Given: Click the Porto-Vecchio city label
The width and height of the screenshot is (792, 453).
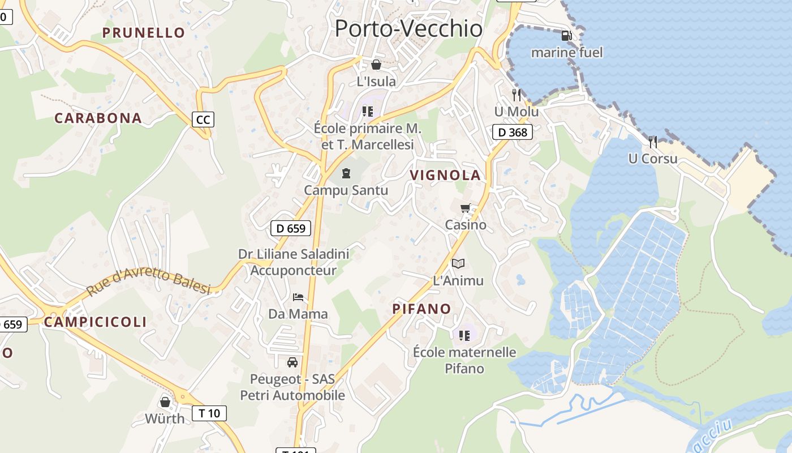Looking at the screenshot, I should tap(408, 28).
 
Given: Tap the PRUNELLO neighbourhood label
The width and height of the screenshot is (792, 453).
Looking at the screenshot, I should tap(144, 33).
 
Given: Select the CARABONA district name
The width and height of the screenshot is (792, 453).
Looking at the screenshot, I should tap(98, 118).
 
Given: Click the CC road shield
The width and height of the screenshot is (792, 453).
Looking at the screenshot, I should tap(203, 119).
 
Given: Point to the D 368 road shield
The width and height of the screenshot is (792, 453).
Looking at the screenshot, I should tap(513, 133).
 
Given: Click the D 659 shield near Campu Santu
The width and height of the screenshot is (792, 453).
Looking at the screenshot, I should tap(291, 228).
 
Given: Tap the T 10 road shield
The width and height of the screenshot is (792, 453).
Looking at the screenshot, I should tap(209, 413).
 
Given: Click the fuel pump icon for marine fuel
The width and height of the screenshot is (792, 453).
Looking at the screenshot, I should tap(566, 36).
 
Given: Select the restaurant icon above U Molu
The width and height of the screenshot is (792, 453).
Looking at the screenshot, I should tap(516, 95).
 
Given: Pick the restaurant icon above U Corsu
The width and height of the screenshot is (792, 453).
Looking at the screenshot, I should tap(652, 142).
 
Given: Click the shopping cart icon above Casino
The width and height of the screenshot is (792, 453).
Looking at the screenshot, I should tap(465, 208).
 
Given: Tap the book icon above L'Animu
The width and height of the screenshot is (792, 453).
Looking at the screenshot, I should tap(458, 263).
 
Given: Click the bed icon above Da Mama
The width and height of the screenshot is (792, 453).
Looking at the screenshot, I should tap(298, 297).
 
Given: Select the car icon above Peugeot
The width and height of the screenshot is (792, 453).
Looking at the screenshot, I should tap(292, 362).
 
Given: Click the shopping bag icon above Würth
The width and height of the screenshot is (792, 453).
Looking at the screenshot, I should tap(165, 401).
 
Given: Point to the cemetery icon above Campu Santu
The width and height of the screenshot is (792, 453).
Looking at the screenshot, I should tap(346, 173).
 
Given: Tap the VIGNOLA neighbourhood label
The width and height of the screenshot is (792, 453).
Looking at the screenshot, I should tap(445, 175).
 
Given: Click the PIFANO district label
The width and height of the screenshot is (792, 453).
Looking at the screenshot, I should tap(421, 309).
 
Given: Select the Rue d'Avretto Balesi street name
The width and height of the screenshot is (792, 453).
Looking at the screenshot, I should tap(148, 283).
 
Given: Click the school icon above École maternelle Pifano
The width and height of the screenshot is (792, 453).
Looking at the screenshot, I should tap(464, 335).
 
